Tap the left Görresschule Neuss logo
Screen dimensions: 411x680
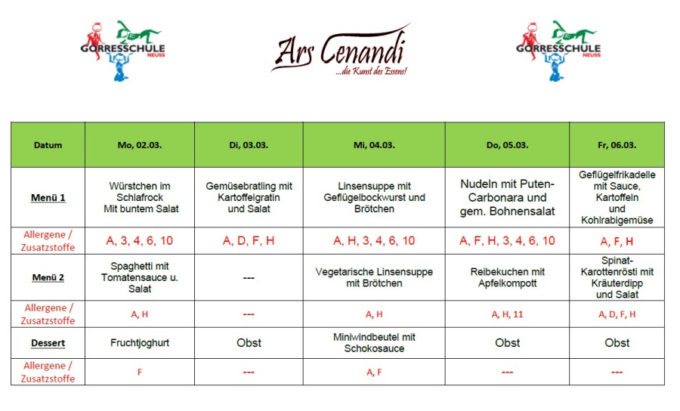(123, 50)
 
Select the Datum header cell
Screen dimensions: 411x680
(48, 145)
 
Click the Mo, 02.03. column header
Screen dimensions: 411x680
(140, 145)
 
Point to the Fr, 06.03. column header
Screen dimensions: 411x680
(617, 145)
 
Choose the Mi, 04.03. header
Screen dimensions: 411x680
(374, 145)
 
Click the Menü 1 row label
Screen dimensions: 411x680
(48, 198)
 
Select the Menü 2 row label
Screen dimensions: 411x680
(48, 277)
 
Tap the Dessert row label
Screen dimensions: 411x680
(48, 343)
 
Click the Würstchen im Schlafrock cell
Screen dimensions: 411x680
(140, 198)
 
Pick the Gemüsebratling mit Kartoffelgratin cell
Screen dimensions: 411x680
(249, 198)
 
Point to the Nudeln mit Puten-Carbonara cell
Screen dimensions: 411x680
(507, 198)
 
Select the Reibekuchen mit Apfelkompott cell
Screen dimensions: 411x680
(507, 277)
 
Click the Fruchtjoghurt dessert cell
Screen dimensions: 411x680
(140, 343)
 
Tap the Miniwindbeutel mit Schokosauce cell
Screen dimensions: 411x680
(374, 343)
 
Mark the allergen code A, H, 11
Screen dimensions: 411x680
(507, 314)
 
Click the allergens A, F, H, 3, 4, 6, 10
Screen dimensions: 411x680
(507, 241)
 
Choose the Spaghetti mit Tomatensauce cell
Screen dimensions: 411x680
(140, 277)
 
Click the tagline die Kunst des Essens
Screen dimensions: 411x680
(371, 71)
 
